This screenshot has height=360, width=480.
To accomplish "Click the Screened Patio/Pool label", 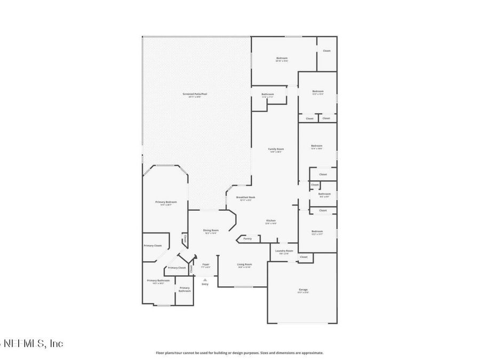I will click(x=194, y=94).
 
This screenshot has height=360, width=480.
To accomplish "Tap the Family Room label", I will click(x=275, y=149).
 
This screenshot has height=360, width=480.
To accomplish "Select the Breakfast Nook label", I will click(x=245, y=197).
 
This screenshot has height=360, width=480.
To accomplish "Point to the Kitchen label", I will click(x=271, y=220).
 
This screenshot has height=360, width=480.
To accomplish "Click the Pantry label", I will click(x=247, y=238).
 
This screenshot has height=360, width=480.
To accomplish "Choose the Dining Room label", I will click(x=211, y=230).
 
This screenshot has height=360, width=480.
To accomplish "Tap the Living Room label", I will click(x=244, y=264).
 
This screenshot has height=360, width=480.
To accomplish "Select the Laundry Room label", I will click(x=284, y=251).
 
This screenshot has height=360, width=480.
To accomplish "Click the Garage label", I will click(x=302, y=290).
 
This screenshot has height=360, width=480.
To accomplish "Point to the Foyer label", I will click(x=205, y=264).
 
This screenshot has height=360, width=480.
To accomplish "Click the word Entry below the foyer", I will click(x=205, y=284).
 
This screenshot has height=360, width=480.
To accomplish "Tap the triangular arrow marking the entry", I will click(x=205, y=279).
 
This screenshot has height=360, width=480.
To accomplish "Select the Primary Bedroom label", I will click(x=166, y=202).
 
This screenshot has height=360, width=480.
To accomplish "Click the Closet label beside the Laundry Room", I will click(x=303, y=257).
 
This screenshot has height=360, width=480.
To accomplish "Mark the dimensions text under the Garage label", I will click(x=302, y=293).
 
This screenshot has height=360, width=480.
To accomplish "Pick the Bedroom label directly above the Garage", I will click(x=317, y=231).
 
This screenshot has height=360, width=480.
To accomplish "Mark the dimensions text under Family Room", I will click(x=275, y=152).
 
